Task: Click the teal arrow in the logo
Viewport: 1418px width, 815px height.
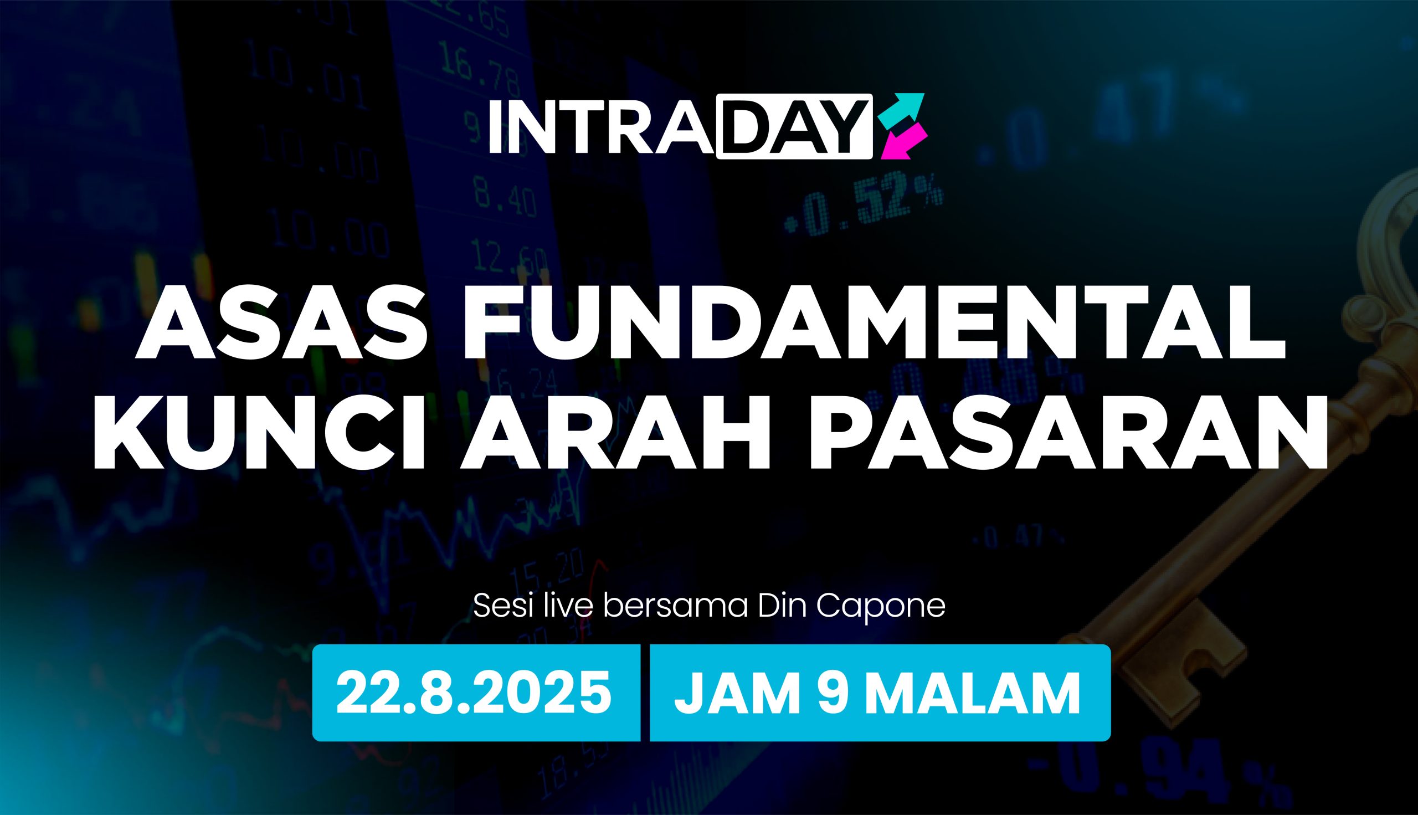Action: [x=902, y=109]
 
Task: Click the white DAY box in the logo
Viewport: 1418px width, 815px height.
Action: [x=795, y=126]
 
